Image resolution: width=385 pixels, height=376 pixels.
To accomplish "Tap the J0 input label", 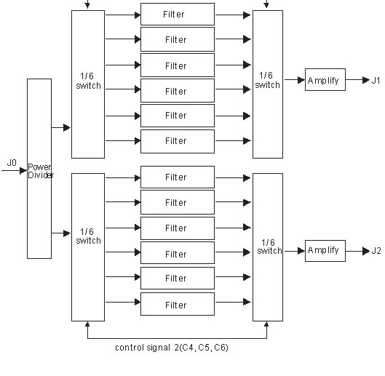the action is click(x=12, y=162).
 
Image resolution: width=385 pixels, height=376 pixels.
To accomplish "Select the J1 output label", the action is click(x=376, y=80).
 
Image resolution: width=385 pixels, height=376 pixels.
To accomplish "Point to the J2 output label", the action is click(x=376, y=251).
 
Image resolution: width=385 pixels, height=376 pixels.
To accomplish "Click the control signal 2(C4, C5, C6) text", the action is click(x=172, y=348).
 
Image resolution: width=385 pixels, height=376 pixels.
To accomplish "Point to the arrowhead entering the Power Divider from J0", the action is click(x=23, y=170).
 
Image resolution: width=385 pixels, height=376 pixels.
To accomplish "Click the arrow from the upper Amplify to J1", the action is click(x=357, y=80).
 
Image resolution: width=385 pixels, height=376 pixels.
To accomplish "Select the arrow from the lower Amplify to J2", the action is click(x=357, y=251).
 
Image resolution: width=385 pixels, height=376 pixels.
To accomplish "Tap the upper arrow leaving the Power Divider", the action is click(x=61, y=127).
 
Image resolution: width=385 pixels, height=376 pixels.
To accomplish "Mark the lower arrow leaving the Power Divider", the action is click(x=61, y=233).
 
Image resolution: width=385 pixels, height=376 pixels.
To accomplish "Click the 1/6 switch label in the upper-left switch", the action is click(x=88, y=81).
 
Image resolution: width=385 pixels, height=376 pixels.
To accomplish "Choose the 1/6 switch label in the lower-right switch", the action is click(x=269, y=247).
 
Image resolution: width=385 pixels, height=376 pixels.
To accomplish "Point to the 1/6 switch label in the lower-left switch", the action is click(x=88, y=236).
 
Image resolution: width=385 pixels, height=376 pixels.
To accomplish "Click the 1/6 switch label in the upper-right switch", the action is click(x=267, y=80).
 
